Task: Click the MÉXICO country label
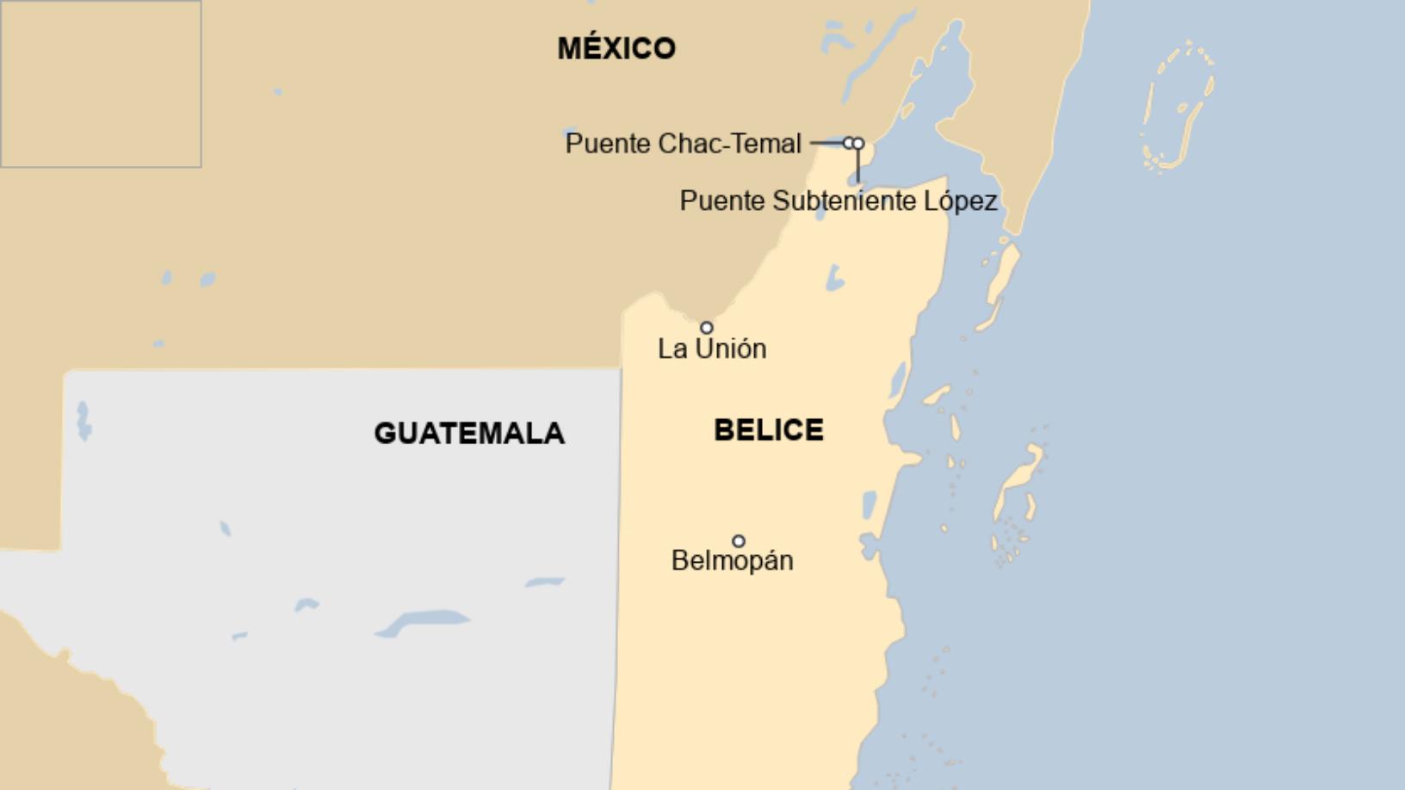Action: coord(616,48)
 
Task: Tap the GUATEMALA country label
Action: coord(469,433)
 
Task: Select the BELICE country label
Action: coord(768,429)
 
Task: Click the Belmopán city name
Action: coord(732,560)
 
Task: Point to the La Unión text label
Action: coord(711,349)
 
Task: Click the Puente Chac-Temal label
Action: coord(683,144)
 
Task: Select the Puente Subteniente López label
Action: coord(838,201)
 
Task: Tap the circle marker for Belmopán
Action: coord(739,541)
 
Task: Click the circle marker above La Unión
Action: coord(707,328)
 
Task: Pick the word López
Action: coord(961,201)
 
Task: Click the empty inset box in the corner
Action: coord(101,83)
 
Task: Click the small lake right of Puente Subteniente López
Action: coord(833,278)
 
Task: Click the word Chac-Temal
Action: coord(730,144)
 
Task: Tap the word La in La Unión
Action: coord(672,349)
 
